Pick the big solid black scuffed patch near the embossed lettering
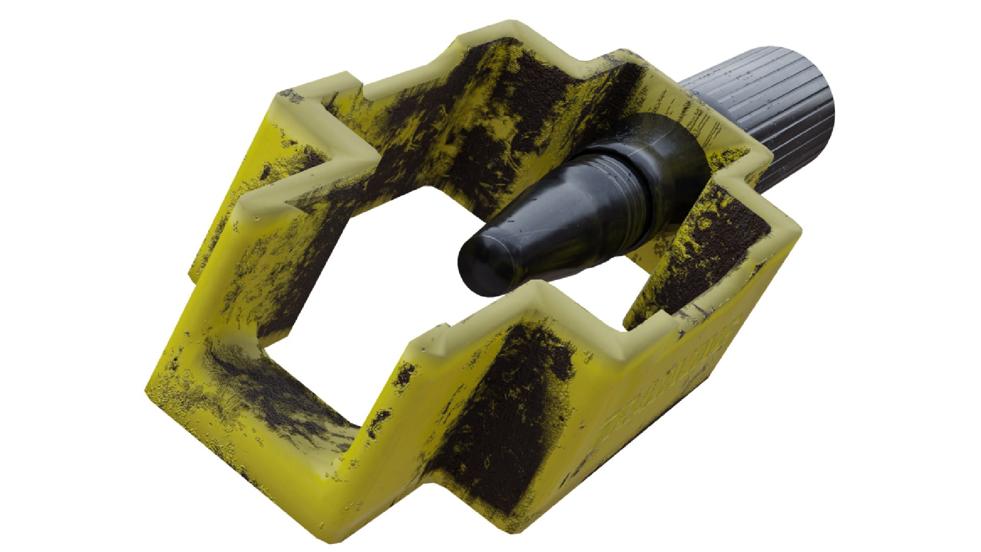coord(506,409)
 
